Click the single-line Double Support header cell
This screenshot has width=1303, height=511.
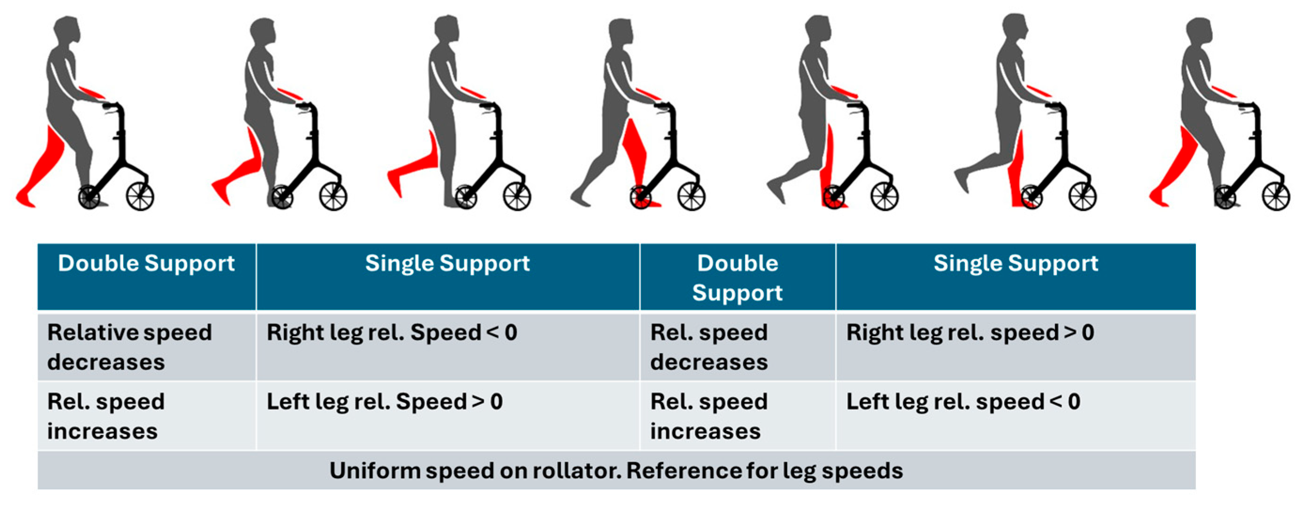146,263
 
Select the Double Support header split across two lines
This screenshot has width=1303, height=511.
737,277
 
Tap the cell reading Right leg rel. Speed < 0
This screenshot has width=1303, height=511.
392,333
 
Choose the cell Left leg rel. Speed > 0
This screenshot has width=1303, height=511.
385,402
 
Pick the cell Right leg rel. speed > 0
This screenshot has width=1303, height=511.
970,333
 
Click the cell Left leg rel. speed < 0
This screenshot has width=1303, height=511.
963,402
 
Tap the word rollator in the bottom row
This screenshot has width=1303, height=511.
569,471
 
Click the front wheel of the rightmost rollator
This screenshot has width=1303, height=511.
1275,196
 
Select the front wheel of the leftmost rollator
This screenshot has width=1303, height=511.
140,196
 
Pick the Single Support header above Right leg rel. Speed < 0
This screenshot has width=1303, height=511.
447,263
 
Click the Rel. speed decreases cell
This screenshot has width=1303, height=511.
709,347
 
